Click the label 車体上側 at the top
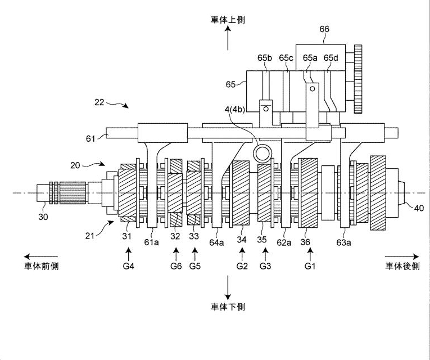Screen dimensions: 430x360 pyautogui.click(x=228, y=20)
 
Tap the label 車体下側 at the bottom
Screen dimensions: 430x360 pyautogui.click(x=228, y=307)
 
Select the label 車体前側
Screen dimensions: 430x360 pyautogui.click(x=41, y=266)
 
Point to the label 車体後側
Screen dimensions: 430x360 pyautogui.click(x=402, y=266)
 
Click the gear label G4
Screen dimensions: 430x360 pyautogui.click(x=128, y=266)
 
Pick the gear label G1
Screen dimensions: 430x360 pyautogui.click(x=310, y=266)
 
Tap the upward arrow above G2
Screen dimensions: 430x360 pyautogui.click(x=242, y=254)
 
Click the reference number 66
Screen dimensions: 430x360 pyautogui.click(x=324, y=29)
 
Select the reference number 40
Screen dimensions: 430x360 pyautogui.click(x=419, y=208)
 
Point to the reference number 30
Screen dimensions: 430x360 pyautogui.click(x=43, y=217)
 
